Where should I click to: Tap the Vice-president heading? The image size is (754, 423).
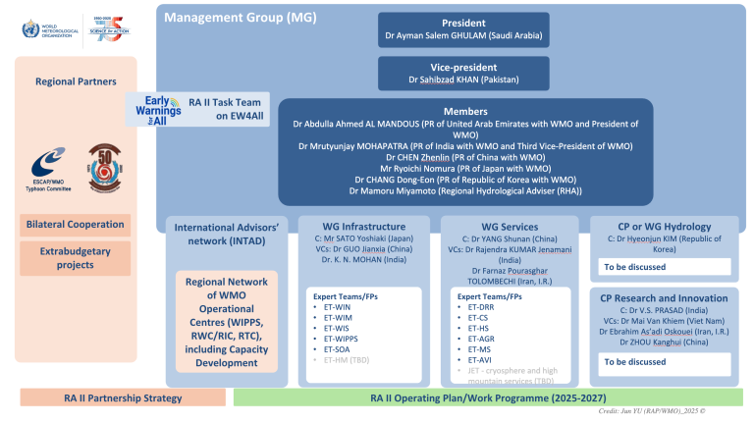pos(463,65)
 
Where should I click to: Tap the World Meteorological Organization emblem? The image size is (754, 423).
pos(27,28)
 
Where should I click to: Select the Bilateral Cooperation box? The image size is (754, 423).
pos(76,225)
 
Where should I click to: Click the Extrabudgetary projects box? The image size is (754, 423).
pos(76,257)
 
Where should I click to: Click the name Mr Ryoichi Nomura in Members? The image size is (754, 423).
pos(464,168)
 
